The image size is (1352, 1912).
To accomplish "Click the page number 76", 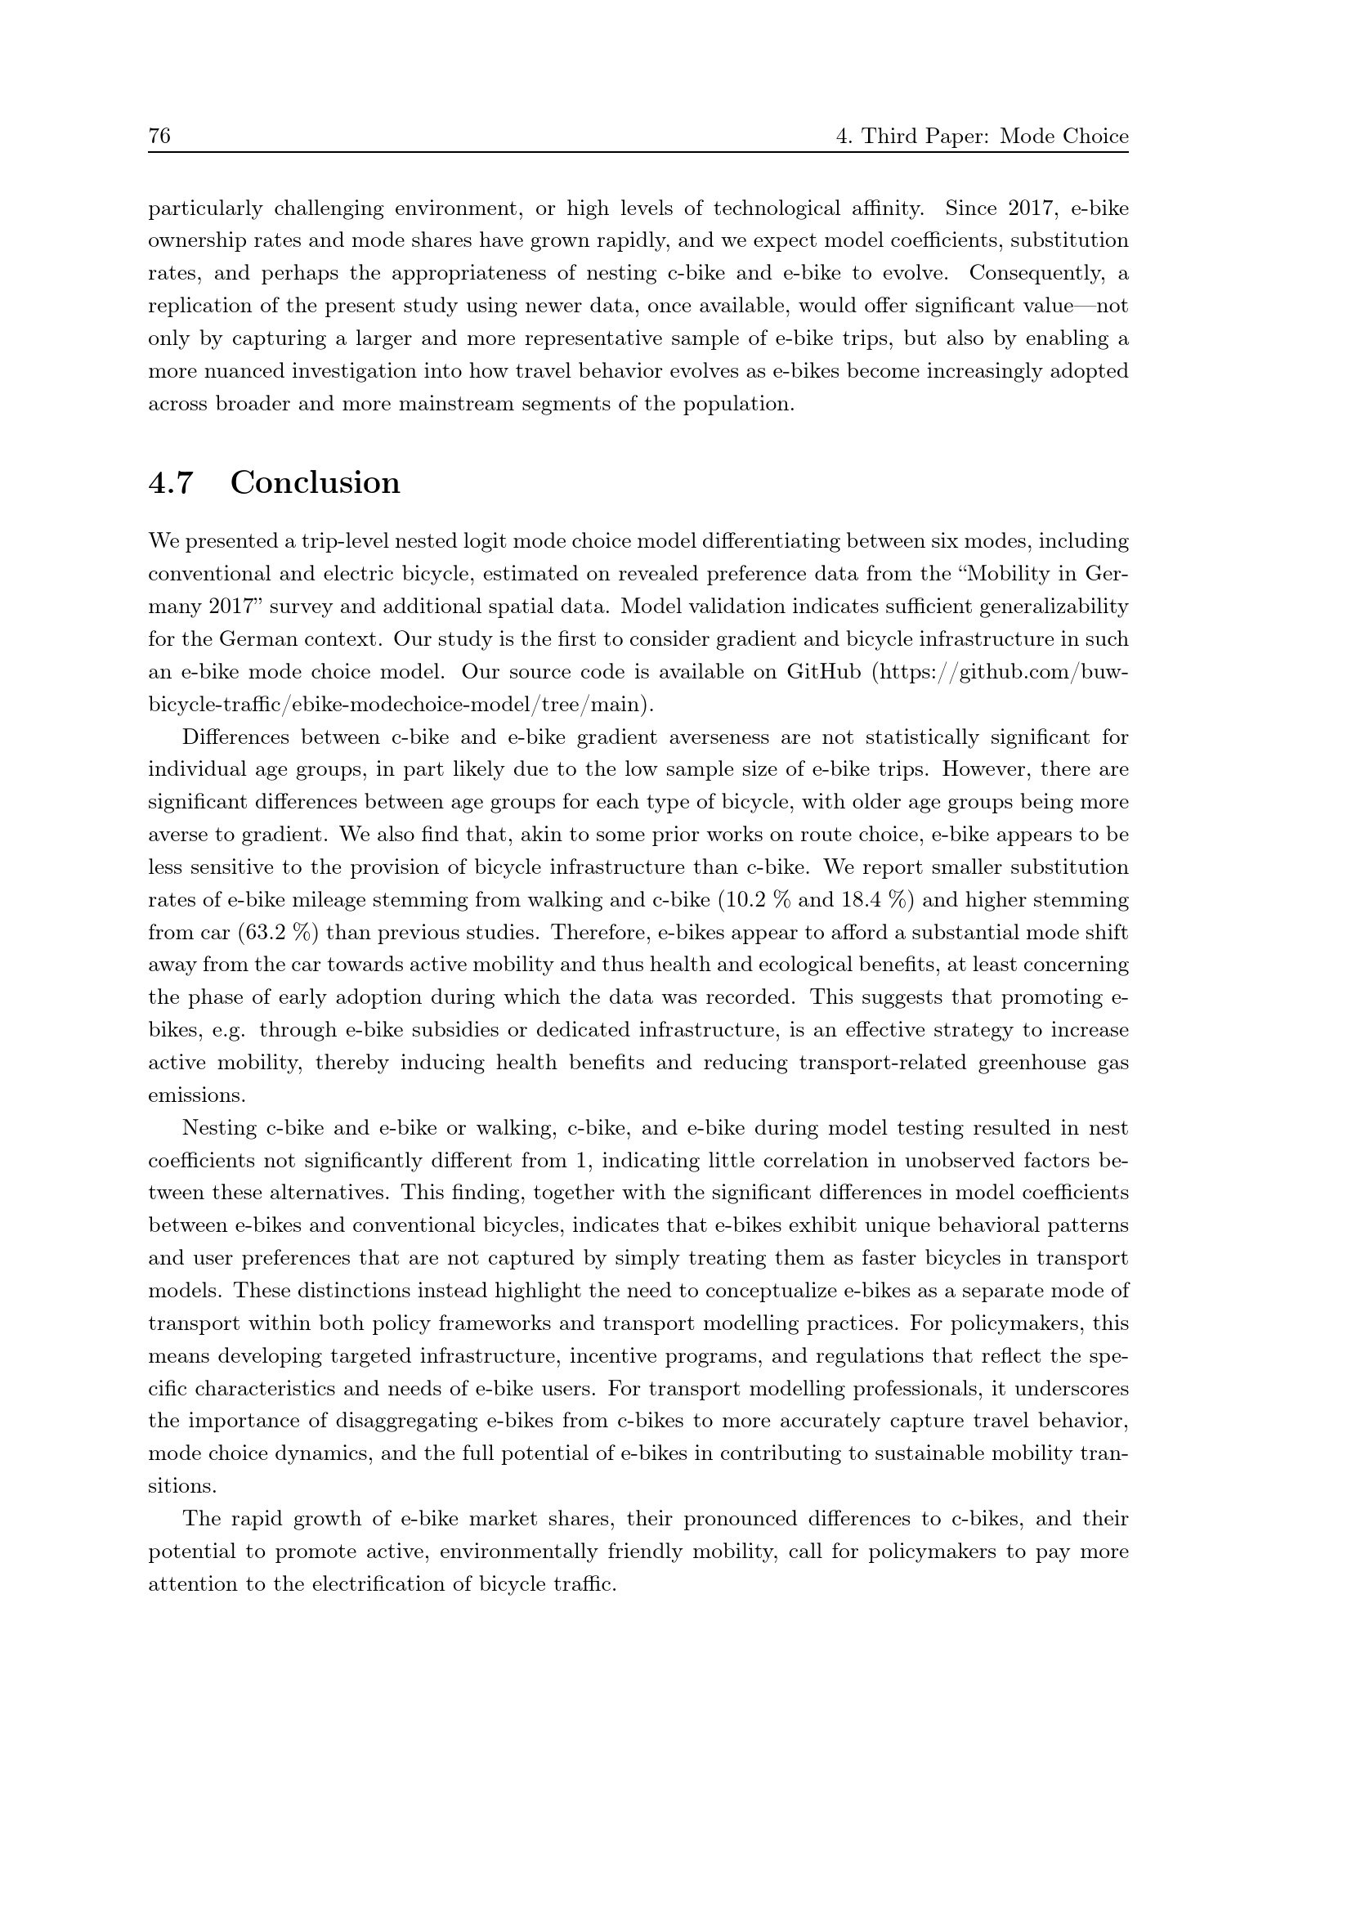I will (159, 137).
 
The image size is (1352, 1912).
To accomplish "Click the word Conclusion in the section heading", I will (315, 483).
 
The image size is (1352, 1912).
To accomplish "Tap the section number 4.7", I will (171, 483).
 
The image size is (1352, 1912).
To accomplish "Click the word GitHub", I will (823, 672).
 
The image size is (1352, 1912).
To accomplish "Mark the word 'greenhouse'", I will (1024, 1063).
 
